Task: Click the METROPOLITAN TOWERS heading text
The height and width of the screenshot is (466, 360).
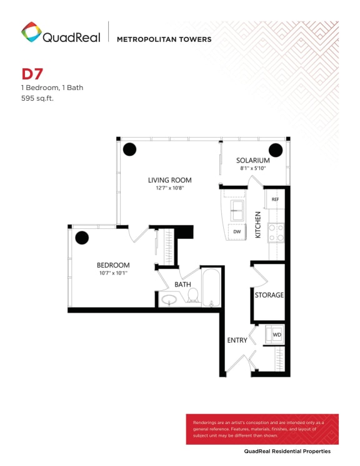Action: point(164,39)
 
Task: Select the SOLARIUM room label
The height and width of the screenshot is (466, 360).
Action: point(253,160)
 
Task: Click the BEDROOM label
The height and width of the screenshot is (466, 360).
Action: point(113,265)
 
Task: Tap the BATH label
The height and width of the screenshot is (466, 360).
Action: point(182,284)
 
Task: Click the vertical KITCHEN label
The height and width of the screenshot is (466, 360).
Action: point(257,224)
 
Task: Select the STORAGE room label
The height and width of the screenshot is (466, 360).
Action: point(269,295)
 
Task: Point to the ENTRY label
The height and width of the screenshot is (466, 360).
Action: point(237,340)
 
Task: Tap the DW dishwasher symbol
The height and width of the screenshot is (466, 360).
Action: point(237,231)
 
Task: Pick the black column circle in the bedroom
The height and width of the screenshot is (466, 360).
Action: point(81,238)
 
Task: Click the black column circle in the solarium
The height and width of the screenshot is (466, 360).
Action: point(274,149)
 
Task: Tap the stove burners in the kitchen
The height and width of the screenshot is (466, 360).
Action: point(276,233)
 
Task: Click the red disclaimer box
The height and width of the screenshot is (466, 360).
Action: point(262,428)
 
